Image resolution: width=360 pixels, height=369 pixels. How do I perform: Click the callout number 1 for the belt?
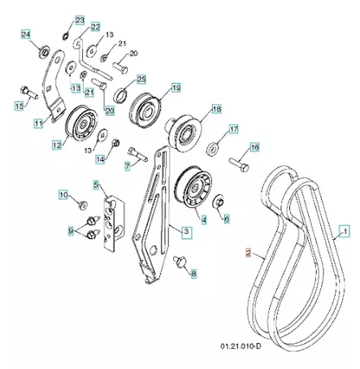point(344,233)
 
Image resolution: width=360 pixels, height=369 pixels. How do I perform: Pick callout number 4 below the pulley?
point(203,219)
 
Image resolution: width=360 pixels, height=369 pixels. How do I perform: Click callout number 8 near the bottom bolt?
point(193,275)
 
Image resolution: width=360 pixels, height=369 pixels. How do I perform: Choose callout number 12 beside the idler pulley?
point(57,145)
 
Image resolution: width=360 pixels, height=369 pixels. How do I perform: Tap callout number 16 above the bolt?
point(254,147)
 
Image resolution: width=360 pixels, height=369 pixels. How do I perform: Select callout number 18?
point(216,109)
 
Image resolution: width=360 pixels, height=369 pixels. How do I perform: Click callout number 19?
point(176,87)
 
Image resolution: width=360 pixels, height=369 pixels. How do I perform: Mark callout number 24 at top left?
point(25,34)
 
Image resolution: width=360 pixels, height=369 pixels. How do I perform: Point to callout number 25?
point(141,79)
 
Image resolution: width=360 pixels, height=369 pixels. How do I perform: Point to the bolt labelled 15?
point(29,92)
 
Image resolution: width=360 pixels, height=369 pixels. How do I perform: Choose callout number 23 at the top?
point(79,19)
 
